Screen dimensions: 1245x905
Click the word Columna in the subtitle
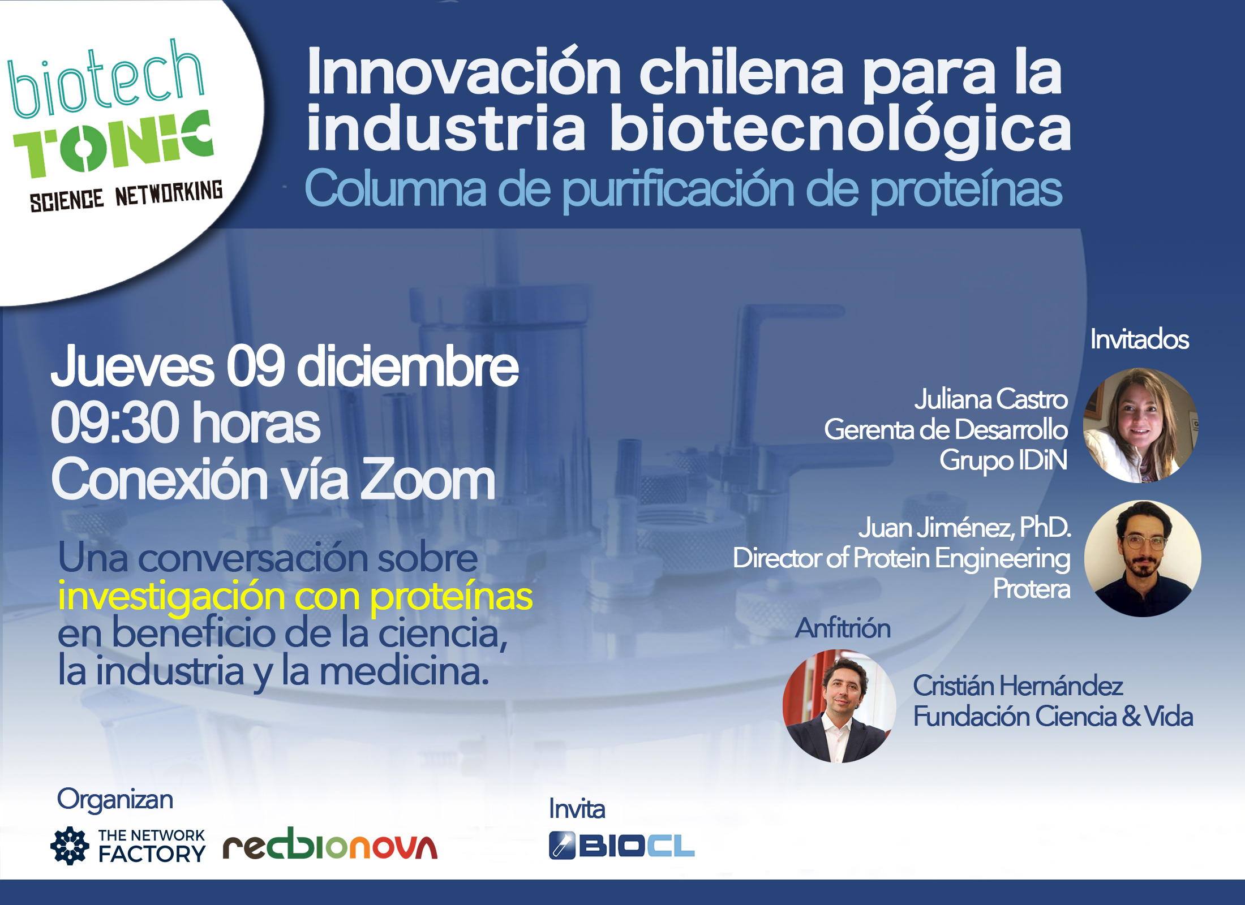396,189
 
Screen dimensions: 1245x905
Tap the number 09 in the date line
256,366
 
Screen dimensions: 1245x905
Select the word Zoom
428,480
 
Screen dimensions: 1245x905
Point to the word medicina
404,671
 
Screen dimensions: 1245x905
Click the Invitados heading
1140,339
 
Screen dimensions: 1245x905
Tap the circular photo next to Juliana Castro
1140,425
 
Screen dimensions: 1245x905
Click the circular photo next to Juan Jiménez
1143,558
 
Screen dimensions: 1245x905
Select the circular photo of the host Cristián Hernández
839,706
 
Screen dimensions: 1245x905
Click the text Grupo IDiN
1003,460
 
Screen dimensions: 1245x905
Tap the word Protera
1032,589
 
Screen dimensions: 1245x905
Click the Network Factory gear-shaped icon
70,846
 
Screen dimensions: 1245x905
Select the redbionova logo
330,843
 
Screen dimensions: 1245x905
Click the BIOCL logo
621,846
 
